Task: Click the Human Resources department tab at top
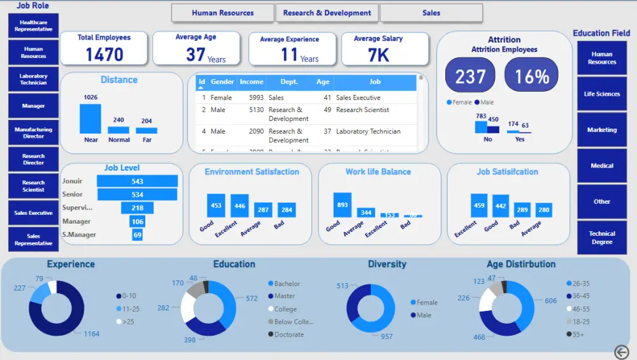(222, 13)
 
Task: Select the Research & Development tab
(327, 13)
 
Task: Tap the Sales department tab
(431, 13)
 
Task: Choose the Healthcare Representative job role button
(34, 25)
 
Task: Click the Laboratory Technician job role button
(34, 79)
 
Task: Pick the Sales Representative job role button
(34, 240)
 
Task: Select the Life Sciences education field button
(602, 94)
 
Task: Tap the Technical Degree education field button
(602, 238)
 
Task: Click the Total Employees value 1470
(104, 55)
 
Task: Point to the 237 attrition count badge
(471, 76)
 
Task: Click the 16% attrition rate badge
(532, 76)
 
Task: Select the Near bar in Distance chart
(90, 119)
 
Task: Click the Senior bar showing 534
(137, 194)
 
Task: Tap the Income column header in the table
(252, 82)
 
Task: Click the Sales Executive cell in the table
(358, 98)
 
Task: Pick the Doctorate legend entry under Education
(289, 335)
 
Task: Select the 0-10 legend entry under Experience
(128, 296)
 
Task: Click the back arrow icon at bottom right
(622, 352)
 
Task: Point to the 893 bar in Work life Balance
(342, 205)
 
